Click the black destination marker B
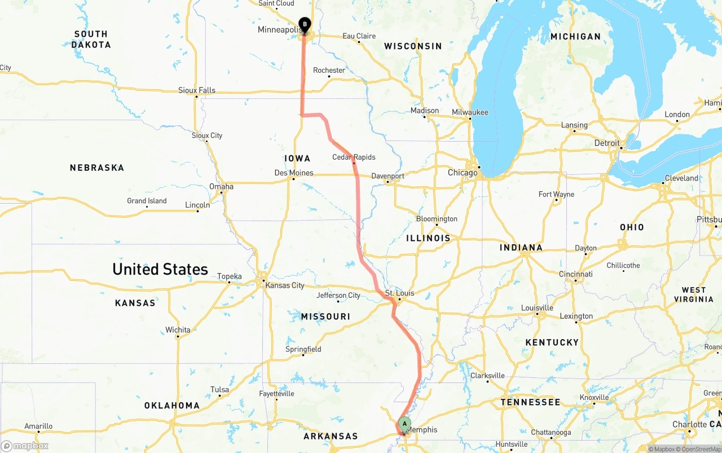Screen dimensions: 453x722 [x=305, y=25]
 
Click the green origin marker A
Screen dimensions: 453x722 [x=404, y=424]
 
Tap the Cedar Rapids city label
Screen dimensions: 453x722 [x=354, y=157]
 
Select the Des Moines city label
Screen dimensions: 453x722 [x=293, y=173]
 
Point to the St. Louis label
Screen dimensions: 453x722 [x=399, y=293]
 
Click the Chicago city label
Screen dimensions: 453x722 [x=463, y=173]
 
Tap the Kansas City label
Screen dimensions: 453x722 [x=285, y=285]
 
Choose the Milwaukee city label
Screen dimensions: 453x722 [x=470, y=112]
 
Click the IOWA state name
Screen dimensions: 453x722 [x=297, y=159]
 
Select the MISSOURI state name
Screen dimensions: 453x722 [x=325, y=316]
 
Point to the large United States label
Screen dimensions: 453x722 [x=160, y=269]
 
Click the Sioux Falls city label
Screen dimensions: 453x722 [x=197, y=90]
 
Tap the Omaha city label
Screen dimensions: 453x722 [x=221, y=186]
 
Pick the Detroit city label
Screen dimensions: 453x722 [x=607, y=143]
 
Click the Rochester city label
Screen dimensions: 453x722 [x=329, y=70]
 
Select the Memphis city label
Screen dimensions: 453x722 [x=422, y=430]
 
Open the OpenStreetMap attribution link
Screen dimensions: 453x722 [x=699, y=449]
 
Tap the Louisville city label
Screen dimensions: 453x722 [x=537, y=308]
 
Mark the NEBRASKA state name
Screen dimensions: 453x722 [x=97, y=168]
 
